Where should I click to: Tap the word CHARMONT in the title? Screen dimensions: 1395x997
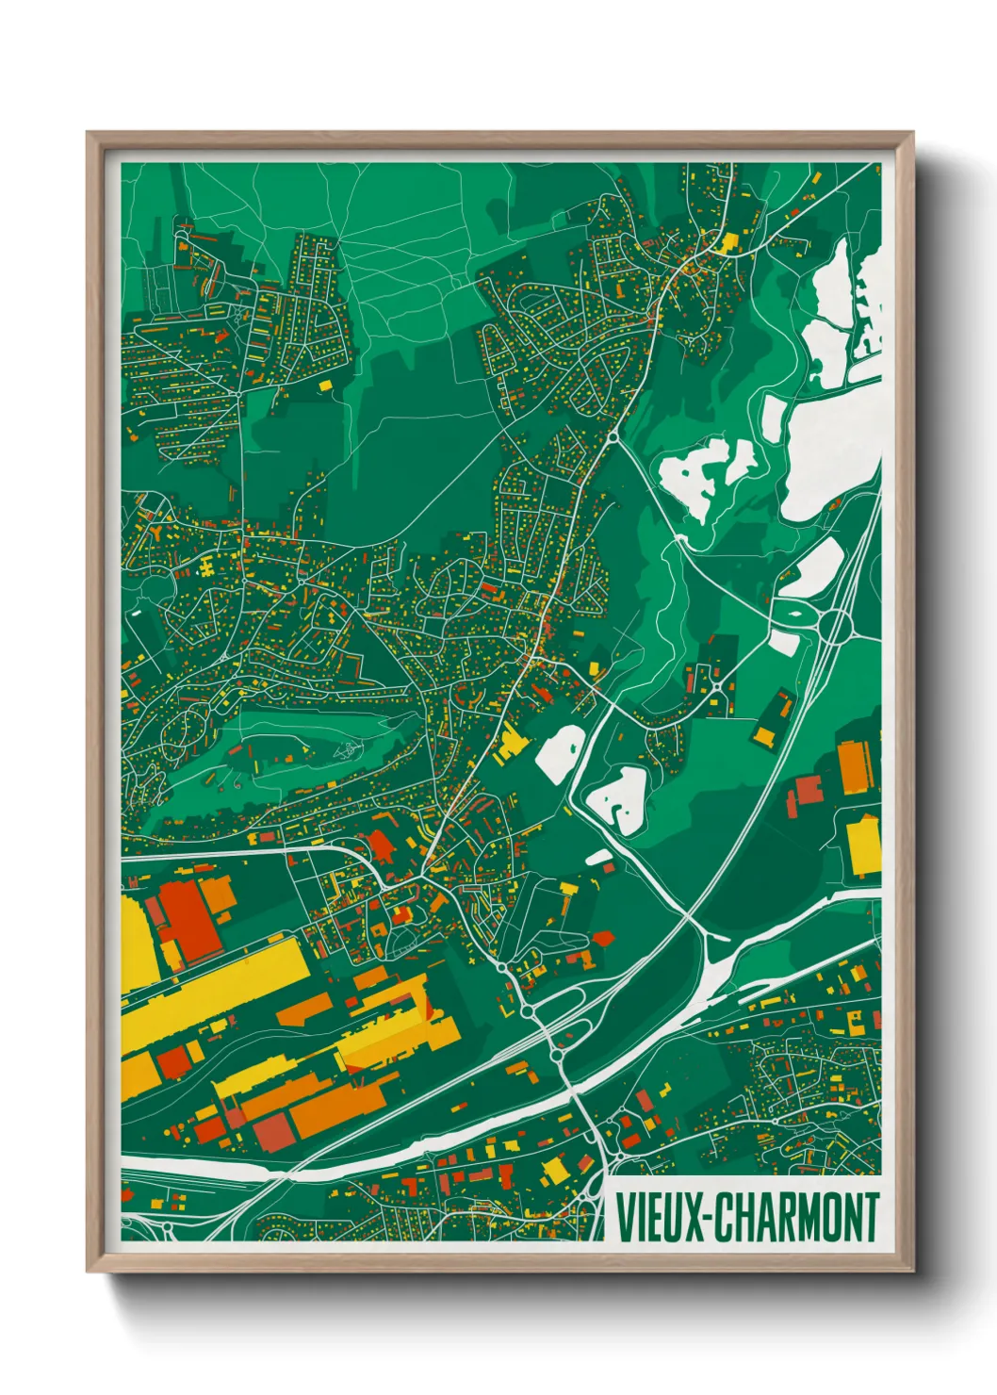(x=797, y=1217)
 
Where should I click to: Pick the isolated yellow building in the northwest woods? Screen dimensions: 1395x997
(x=326, y=385)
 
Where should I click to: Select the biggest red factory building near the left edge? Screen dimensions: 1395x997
(x=187, y=919)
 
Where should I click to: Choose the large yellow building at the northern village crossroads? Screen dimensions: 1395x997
(x=727, y=244)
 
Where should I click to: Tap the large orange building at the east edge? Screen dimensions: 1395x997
(x=854, y=767)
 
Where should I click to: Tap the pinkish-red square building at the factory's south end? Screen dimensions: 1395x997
(x=271, y=1133)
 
